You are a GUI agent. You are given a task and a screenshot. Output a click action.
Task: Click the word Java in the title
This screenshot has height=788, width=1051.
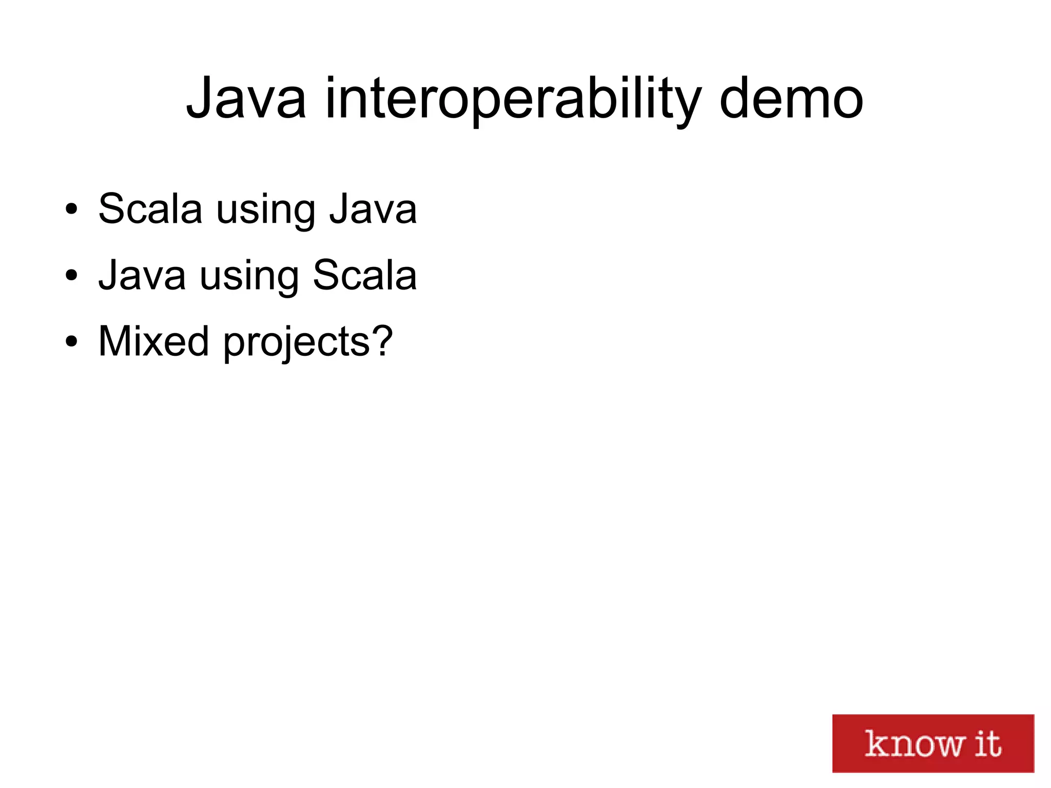(246, 99)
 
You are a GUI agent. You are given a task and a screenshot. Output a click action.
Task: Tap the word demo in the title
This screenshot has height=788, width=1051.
(791, 99)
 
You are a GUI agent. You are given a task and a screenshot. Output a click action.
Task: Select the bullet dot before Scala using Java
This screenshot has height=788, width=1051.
(71, 209)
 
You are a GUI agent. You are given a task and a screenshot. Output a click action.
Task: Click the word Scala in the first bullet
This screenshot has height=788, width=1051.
(150, 209)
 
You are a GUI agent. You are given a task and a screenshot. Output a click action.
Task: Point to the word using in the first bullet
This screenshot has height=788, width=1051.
(265, 210)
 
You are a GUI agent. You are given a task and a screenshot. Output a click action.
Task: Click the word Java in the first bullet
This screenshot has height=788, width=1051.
(373, 209)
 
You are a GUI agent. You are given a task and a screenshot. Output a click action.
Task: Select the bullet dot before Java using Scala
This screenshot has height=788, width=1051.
(71, 276)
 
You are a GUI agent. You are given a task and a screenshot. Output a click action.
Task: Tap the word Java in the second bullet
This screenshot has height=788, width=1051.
(142, 275)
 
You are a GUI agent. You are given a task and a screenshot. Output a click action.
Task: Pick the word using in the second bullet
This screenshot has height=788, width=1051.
(249, 277)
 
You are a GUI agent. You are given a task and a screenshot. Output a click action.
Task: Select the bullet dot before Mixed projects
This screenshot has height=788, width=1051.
(71, 341)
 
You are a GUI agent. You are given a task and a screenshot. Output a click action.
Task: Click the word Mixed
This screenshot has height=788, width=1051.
(153, 341)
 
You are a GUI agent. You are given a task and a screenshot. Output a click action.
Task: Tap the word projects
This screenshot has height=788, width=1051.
(296, 343)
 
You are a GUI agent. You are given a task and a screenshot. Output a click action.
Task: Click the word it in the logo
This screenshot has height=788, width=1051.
(987, 743)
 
